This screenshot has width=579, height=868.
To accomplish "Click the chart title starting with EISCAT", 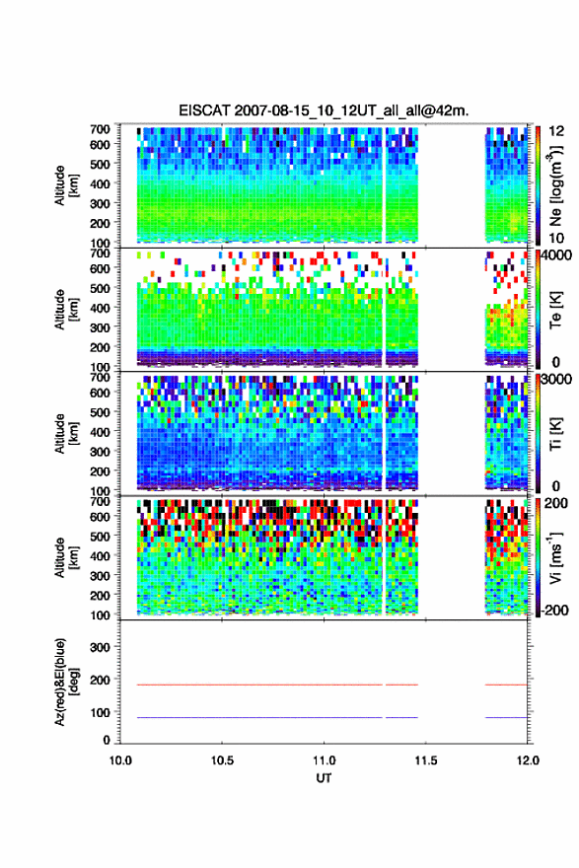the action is click(x=324, y=110).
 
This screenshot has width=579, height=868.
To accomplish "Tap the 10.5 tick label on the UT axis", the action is click(x=222, y=760).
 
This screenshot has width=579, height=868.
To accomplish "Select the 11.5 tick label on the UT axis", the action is click(x=426, y=760).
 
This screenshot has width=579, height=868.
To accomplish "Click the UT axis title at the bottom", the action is click(x=324, y=778).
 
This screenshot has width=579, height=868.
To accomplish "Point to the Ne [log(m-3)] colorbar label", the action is click(x=555, y=185).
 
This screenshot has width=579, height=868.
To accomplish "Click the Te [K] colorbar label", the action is click(x=555, y=310).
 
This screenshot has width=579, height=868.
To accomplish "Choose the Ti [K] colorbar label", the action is click(x=555, y=433).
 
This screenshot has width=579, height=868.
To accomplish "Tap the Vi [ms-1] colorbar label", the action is click(x=555, y=557).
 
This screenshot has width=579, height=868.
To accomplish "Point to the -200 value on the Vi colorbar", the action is click(x=554, y=611).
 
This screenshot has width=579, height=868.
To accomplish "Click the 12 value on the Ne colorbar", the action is click(x=557, y=131).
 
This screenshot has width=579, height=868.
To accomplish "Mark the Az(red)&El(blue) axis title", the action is click(x=66, y=682).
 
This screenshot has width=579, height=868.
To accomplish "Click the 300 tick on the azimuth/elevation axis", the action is click(x=100, y=647).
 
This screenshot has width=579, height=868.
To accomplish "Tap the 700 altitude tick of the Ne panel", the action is click(x=100, y=129).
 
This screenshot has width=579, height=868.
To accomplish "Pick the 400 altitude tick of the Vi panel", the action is click(x=100, y=556).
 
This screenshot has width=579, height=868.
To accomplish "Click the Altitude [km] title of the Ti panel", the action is click(x=66, y=433).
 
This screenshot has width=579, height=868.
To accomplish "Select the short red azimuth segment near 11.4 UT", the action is click(x=401, y=685).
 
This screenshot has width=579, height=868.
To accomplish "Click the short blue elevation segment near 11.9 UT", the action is click(x=506, y=717).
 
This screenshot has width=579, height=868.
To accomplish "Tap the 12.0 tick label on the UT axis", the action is click(x=528, y=760).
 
